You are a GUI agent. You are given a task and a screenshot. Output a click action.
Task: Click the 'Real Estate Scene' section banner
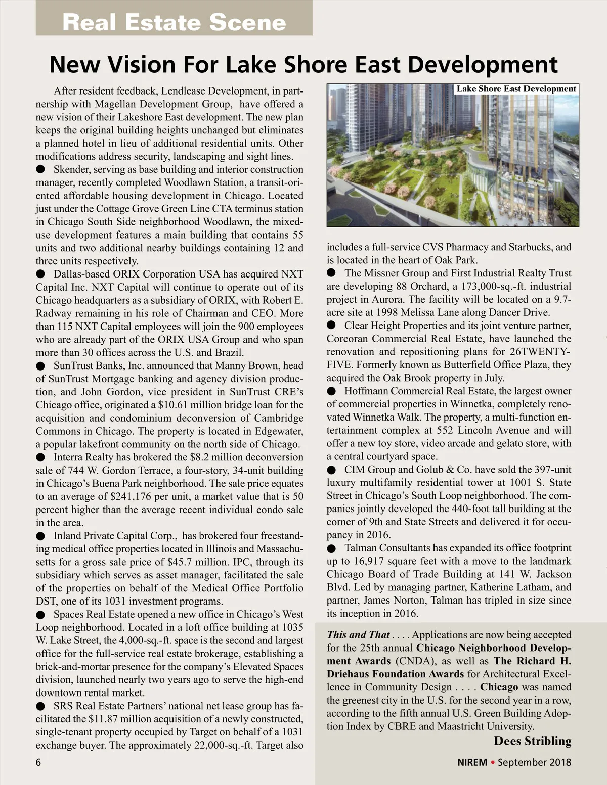pos(174,22)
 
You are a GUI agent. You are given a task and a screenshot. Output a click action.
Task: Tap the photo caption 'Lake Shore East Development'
pos(516,89)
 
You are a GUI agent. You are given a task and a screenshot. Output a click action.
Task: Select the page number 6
pos(38,762)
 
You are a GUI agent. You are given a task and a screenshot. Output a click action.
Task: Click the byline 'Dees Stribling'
pos(532,741)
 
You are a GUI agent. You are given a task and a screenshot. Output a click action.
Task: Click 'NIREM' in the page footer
pos(472,762)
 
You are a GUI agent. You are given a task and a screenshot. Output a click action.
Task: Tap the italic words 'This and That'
pos(358,635)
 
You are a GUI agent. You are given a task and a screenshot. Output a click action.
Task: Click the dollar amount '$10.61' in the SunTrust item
pos(173,405)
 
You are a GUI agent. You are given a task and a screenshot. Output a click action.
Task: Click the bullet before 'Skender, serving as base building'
pos(40,169)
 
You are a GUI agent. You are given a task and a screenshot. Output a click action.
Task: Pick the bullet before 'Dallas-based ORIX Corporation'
pos(40,274)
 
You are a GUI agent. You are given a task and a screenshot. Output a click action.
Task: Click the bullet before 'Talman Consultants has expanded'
pos(331,548)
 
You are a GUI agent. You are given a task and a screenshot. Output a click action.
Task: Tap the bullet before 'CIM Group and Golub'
pos(331,470)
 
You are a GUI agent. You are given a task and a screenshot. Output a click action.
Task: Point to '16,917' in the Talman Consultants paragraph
pos(371,561)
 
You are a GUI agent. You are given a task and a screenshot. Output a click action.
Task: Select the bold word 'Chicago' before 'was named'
pos(499,687)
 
